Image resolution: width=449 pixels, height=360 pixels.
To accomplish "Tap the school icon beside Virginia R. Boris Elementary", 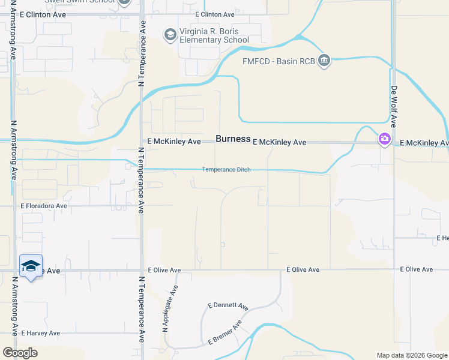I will tap(170, 35).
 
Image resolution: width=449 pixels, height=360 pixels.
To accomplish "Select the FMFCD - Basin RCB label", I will tap(279, 61).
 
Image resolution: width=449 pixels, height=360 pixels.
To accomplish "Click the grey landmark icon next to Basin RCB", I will tap(324, 61).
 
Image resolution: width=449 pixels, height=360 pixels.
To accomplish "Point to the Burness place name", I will tap(233, 139).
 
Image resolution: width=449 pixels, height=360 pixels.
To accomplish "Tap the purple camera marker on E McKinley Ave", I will tap(384, 139).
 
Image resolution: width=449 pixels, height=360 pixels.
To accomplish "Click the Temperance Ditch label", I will tap(226, 170).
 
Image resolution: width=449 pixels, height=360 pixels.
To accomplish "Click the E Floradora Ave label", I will tap(44, 205).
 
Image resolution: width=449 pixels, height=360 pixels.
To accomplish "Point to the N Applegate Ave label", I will tap(170, 309).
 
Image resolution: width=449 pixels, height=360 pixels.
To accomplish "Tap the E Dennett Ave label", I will tap(228, 306).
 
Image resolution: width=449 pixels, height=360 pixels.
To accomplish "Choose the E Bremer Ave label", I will tap(225, 332).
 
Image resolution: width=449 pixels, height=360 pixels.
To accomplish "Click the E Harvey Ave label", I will tap(41, 333).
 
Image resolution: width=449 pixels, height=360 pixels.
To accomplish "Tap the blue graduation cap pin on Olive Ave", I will tap(31, 266).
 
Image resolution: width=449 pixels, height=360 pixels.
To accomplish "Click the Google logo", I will tap(20, 353).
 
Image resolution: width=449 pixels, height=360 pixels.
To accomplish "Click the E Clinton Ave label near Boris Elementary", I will tap(215, 14).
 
